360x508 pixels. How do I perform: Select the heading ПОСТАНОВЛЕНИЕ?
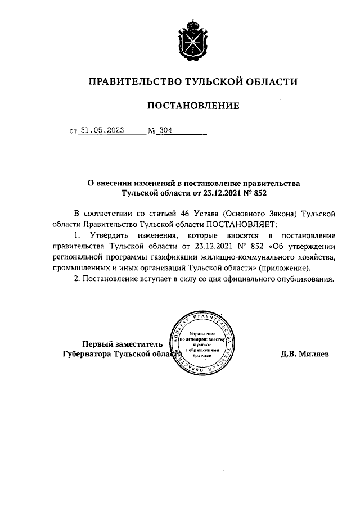tap(193, 106)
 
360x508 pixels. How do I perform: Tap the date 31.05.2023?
tap(102, 130)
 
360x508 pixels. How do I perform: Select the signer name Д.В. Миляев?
tap(304, 354)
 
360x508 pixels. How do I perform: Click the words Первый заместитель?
tap(123, 344)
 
